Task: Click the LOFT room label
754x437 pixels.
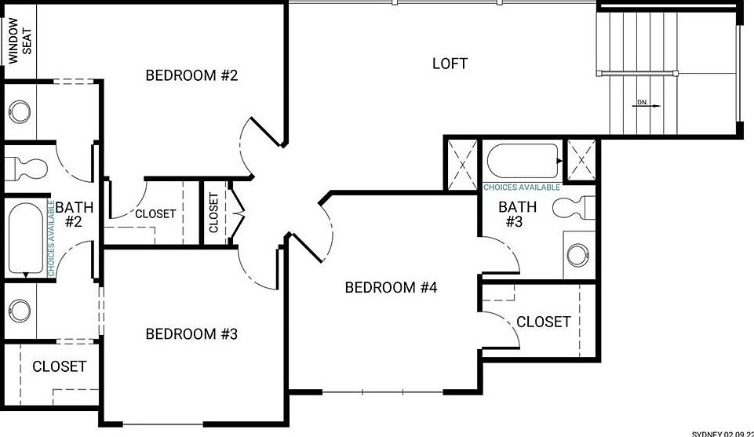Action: point(450,63)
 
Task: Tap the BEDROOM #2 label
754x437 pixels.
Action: point(191,75)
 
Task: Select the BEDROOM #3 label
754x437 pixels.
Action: point(191,334)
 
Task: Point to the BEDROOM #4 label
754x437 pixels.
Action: point(391,287)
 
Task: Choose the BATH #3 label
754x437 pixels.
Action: point(518,214)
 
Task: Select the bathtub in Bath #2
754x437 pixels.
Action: point(25,239)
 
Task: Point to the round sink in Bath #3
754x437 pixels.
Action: point(578,253)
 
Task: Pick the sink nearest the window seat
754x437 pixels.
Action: point(20,107)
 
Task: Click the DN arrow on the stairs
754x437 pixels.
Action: point(643,102)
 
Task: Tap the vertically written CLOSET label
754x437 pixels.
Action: point(214,213)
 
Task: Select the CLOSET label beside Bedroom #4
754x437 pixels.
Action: point(543,322)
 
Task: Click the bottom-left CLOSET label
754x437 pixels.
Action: point(59,366)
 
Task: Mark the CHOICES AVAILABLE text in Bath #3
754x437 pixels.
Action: point(522,188)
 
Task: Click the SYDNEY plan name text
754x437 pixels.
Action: point(722,432)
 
